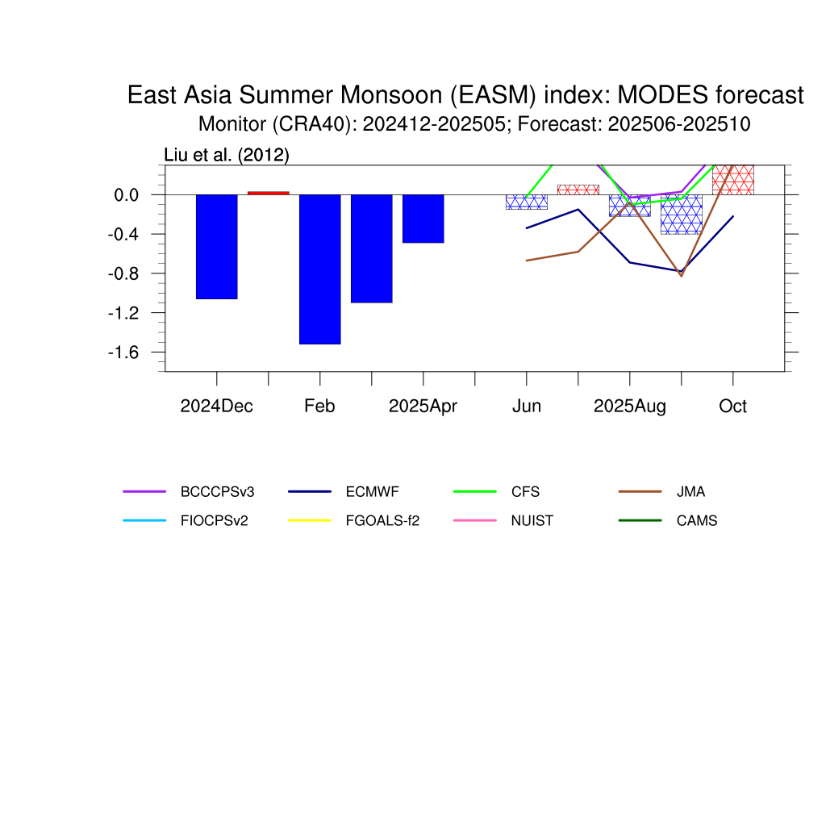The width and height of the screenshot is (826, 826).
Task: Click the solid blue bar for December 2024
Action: click(216, 247)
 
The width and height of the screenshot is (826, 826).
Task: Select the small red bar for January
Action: click(268, 193)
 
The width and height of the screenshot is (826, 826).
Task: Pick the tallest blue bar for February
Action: click(319, 269)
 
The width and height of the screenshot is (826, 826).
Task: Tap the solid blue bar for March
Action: click(371, 248)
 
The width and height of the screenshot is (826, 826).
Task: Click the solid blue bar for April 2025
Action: click(423, 219)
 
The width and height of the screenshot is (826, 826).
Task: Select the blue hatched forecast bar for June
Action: click(526, 202)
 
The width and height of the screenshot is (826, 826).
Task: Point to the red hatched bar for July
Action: click(578, 190)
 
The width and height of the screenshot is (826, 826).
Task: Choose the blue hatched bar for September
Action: click(681, 215)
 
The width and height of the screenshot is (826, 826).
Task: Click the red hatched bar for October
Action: click(732, 180)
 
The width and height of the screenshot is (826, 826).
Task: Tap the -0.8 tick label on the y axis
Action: click(123, 274)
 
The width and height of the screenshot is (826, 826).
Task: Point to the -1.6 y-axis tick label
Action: click(123, 353)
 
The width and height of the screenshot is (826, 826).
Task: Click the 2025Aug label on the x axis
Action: click(629, 407)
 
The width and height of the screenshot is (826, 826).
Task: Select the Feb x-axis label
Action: click(319, 407)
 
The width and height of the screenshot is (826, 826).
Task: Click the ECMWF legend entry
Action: click(344, 491)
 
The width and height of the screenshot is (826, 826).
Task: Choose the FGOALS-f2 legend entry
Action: click(354, 520)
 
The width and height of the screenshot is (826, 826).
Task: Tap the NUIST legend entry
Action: click(503, 520)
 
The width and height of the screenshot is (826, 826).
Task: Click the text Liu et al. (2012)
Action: click(227, 155)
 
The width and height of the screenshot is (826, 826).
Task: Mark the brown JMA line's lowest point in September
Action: click(681, 276)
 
